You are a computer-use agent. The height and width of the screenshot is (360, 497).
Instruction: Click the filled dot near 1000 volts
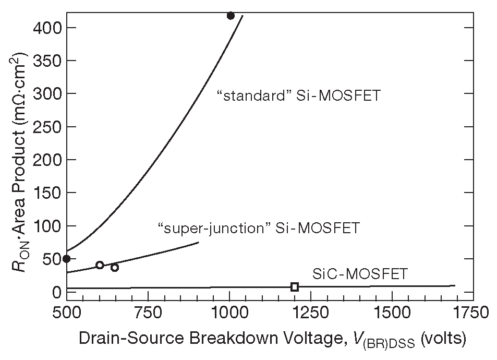pos(231,16)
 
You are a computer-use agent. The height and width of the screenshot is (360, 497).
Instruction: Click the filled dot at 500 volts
pos(66,259)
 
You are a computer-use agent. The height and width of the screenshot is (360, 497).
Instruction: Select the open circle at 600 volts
pos(100,265)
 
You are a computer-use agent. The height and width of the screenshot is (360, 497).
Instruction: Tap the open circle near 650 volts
pos(115,268)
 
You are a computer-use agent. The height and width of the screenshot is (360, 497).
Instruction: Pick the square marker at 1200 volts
pos(295,286)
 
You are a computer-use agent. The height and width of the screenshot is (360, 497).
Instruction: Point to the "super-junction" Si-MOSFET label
pos(258,228)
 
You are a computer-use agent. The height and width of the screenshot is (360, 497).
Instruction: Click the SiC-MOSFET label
pos(359,273)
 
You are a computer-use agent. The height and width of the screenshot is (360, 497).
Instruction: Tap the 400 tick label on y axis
pos(46,27)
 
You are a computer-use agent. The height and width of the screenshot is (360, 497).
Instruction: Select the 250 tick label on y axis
pos(46,126)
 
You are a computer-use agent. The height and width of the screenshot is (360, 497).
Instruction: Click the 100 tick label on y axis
pos(46,226)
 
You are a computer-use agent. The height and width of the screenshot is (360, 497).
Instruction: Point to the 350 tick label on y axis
pos(46,61)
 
